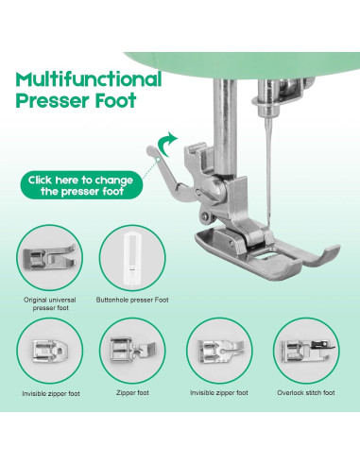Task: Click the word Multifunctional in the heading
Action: coord(88,78)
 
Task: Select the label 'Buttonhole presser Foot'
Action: coord(135,300)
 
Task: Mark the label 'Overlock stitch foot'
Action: coord(308,392)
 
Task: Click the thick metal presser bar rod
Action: coord(231,104)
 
